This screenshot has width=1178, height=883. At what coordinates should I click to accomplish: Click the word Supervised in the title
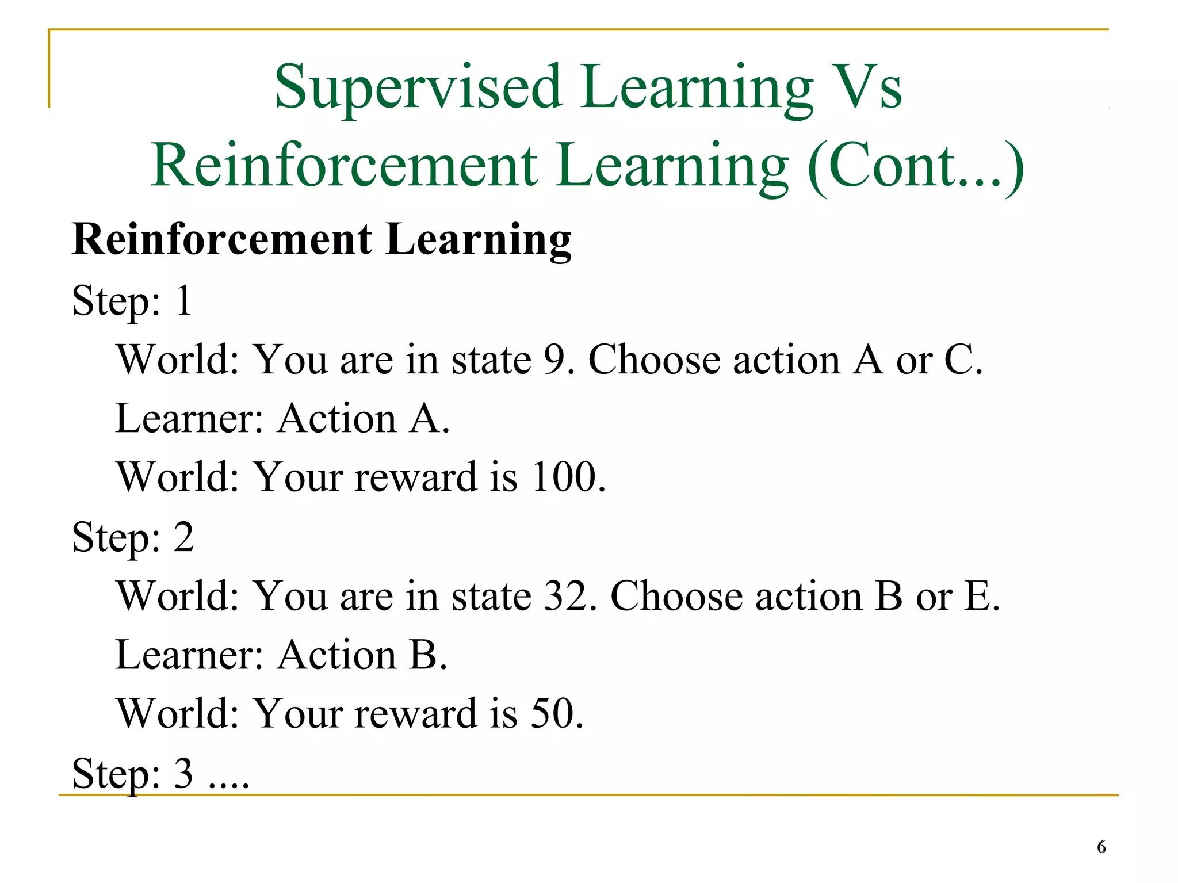click(418, 87)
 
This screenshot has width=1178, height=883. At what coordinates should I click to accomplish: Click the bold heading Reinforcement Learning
click(322, 239)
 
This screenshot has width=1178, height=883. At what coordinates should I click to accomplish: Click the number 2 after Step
click(183, 537)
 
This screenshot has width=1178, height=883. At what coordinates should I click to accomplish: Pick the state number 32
click(565, 596)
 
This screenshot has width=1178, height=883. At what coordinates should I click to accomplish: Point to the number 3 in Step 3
click(183, 774)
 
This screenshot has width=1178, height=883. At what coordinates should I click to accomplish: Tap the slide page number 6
click(1101, 847)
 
